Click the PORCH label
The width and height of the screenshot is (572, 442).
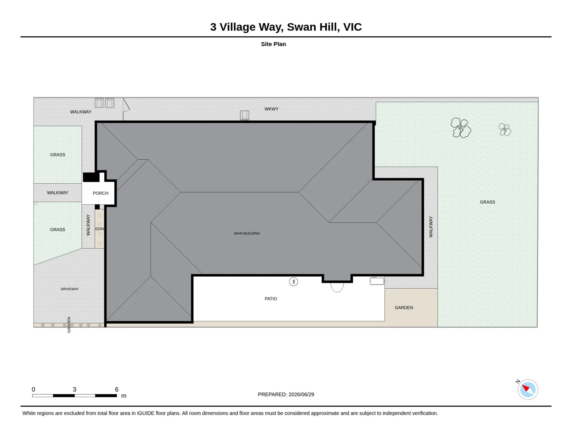click(100, 193)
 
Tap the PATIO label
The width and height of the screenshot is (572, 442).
click(271, 299)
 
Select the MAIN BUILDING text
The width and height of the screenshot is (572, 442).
click(247, 233)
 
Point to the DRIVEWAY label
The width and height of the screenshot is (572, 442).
click(69, 289)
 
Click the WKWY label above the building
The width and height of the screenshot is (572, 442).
click(271, 109)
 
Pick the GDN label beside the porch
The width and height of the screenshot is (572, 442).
click(100, 229)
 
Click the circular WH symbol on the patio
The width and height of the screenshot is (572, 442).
click(293, 282)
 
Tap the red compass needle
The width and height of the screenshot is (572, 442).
click(525, 388)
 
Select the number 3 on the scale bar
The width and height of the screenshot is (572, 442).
click(74, 389)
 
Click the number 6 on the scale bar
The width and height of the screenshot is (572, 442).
click(117, 389)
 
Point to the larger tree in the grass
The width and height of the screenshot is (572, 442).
click(461, 128)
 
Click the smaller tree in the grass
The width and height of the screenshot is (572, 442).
click(505, 130)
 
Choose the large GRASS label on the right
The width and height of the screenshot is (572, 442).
click(487, 202)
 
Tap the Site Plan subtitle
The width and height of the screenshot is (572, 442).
click(273, 44)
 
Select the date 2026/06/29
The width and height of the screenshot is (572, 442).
click(301, 395)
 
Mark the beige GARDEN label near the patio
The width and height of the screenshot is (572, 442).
click(404, 308)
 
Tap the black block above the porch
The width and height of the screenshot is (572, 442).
click(91, 177)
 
